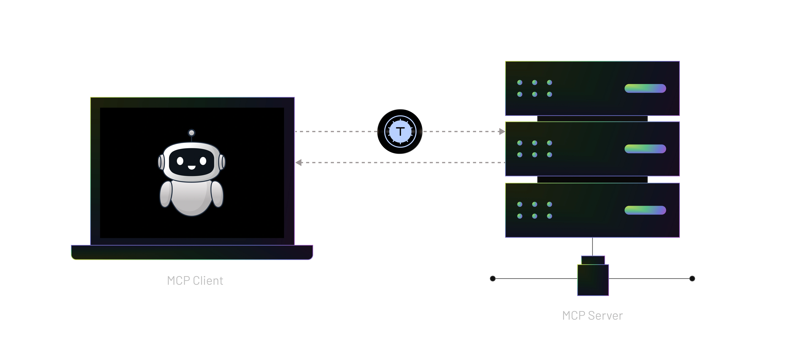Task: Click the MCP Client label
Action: (195, 281)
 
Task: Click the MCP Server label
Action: (592, 316)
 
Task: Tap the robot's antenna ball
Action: (191, 133)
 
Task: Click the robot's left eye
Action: (180, 161)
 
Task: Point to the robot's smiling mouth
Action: (191, 167)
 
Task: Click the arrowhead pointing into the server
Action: (501, 131)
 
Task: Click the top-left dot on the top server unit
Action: (520, 83)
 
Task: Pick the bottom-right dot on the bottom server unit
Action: (549, 216)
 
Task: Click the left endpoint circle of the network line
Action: (492, 278)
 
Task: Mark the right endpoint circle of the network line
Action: (692, 278)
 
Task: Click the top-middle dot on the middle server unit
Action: (534, 143)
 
